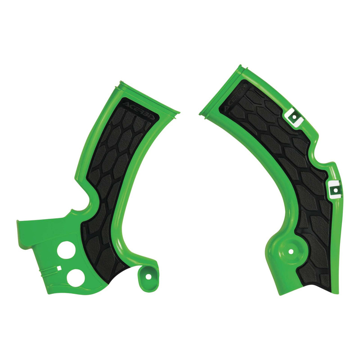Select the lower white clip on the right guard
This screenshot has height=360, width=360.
point(333,189)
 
